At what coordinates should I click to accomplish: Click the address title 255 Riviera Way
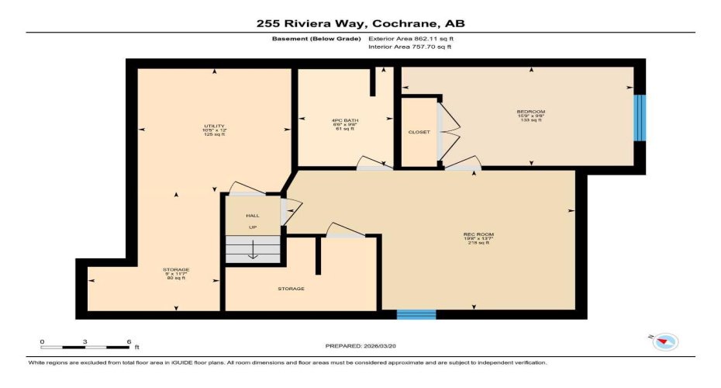coord(360,23)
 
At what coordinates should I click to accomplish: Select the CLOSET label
coord(419,132)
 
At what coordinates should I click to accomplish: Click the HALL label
coord(253,216)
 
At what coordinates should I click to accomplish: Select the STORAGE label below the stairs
coord(292,289)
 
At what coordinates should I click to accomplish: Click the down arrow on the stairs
coord(253,251)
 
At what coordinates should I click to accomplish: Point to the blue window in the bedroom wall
coord(640,118)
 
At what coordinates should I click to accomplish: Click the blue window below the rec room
coord(416,314)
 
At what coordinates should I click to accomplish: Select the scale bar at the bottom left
coord(85,342)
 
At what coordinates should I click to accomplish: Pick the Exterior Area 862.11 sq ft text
coord(410,37)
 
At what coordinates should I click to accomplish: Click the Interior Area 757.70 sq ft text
coord(410,47)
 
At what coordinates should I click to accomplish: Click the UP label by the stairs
coord(253,227)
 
